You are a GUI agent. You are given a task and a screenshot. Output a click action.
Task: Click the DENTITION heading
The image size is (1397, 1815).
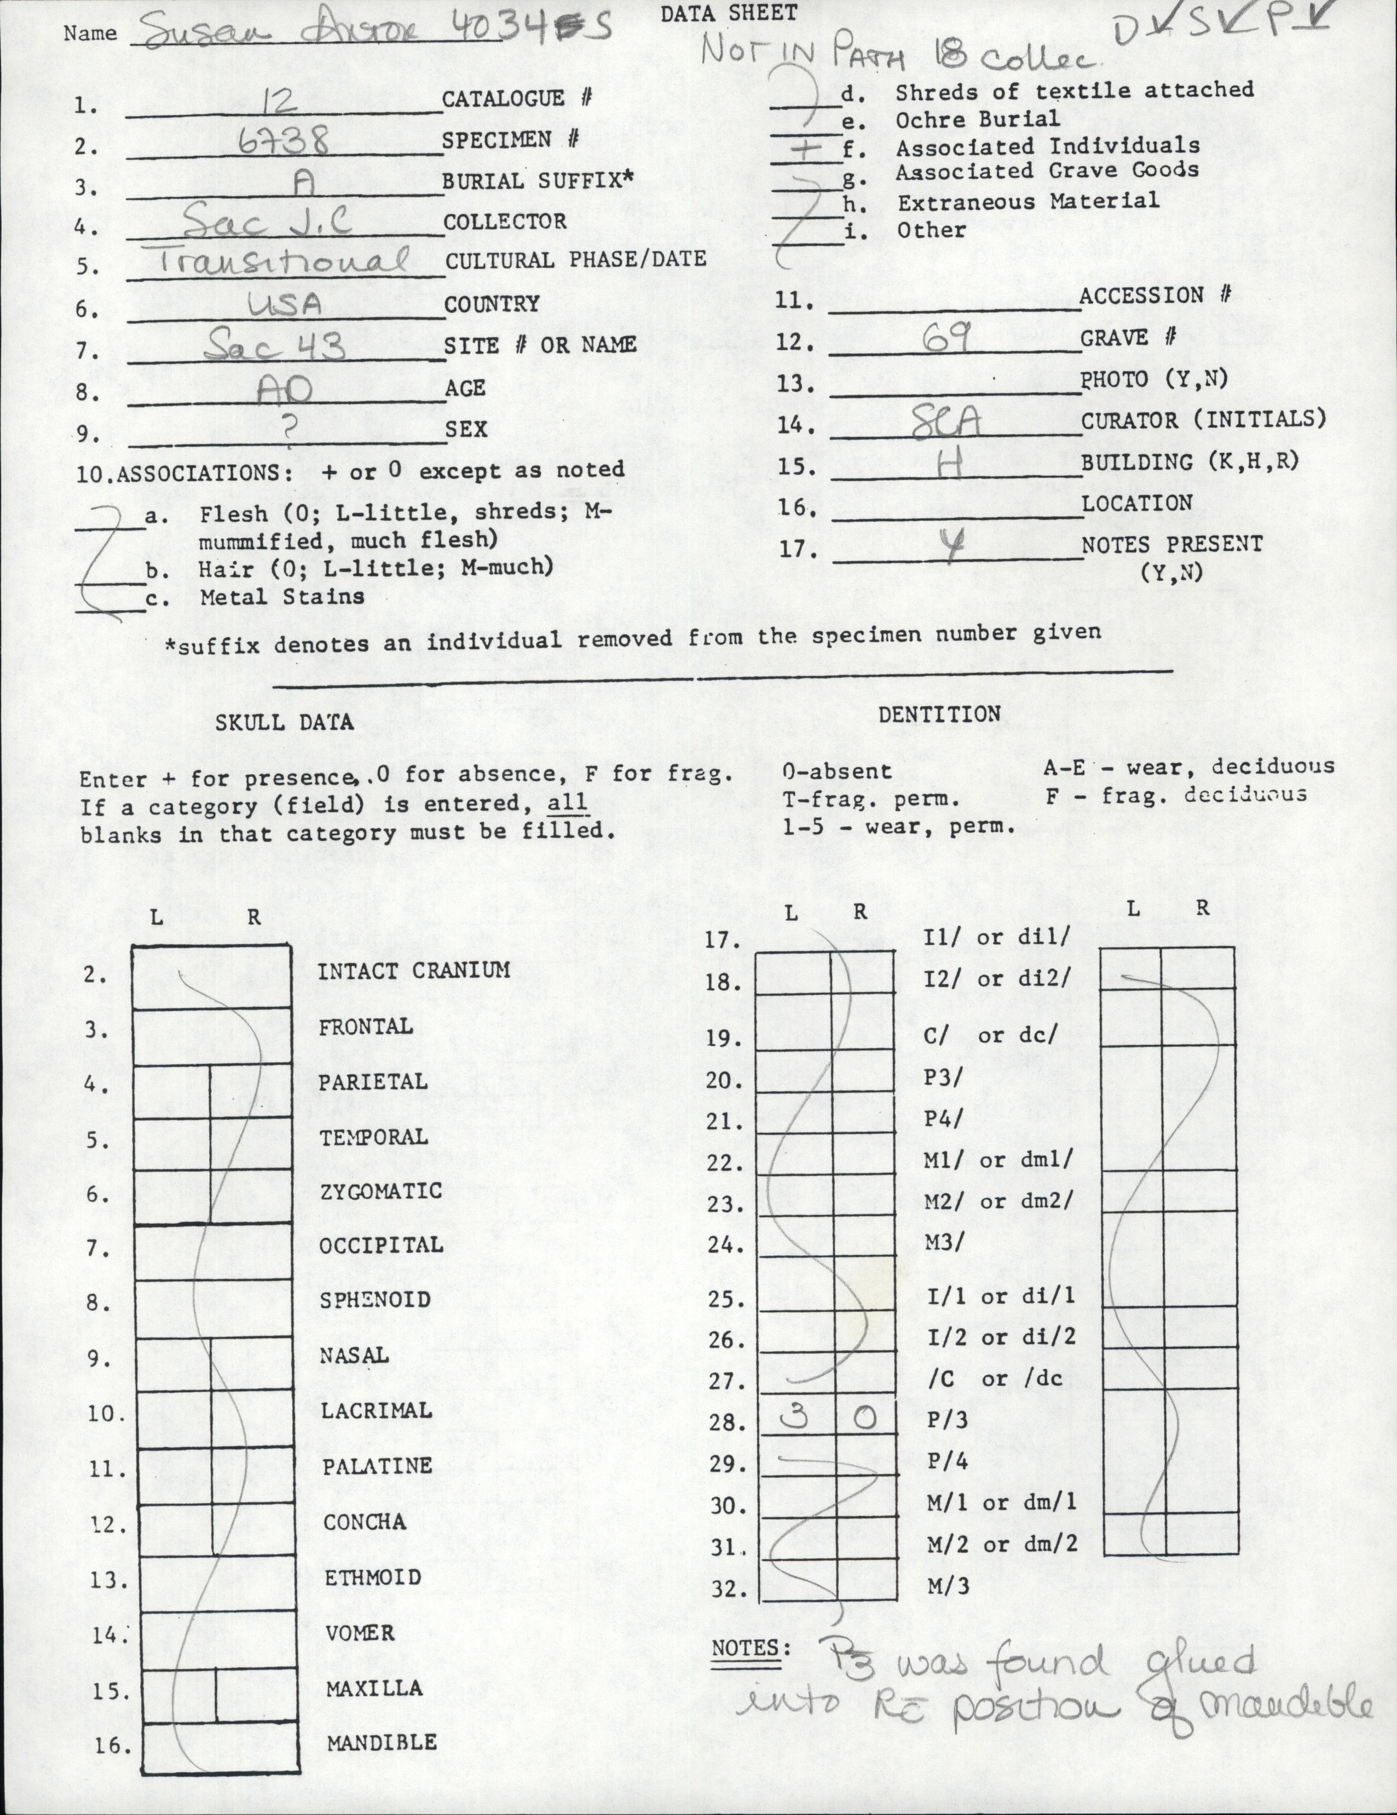[939, 715]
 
